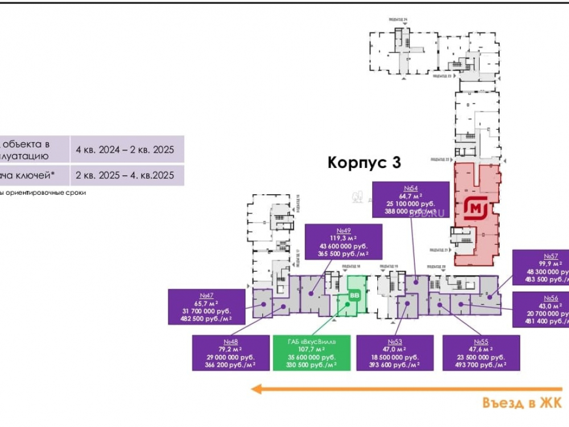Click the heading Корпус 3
(x=364, y=163)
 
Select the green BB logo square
(x=354, y=295)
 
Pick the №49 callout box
(x=344, y=242)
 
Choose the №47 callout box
(x=207, y=307)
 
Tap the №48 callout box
(x=230, y=353)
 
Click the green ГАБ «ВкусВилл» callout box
(x=311, y=353)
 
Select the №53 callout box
(x=395, y=353)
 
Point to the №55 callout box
(x=481, y=353)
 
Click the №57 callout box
(x=541, y=268)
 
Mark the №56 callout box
(x=541, y=310)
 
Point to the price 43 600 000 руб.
(x=344, y=245)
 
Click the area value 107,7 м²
(x=311, y=349)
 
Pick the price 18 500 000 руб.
(x=395, y=357)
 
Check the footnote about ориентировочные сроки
(x=43, y=193)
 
